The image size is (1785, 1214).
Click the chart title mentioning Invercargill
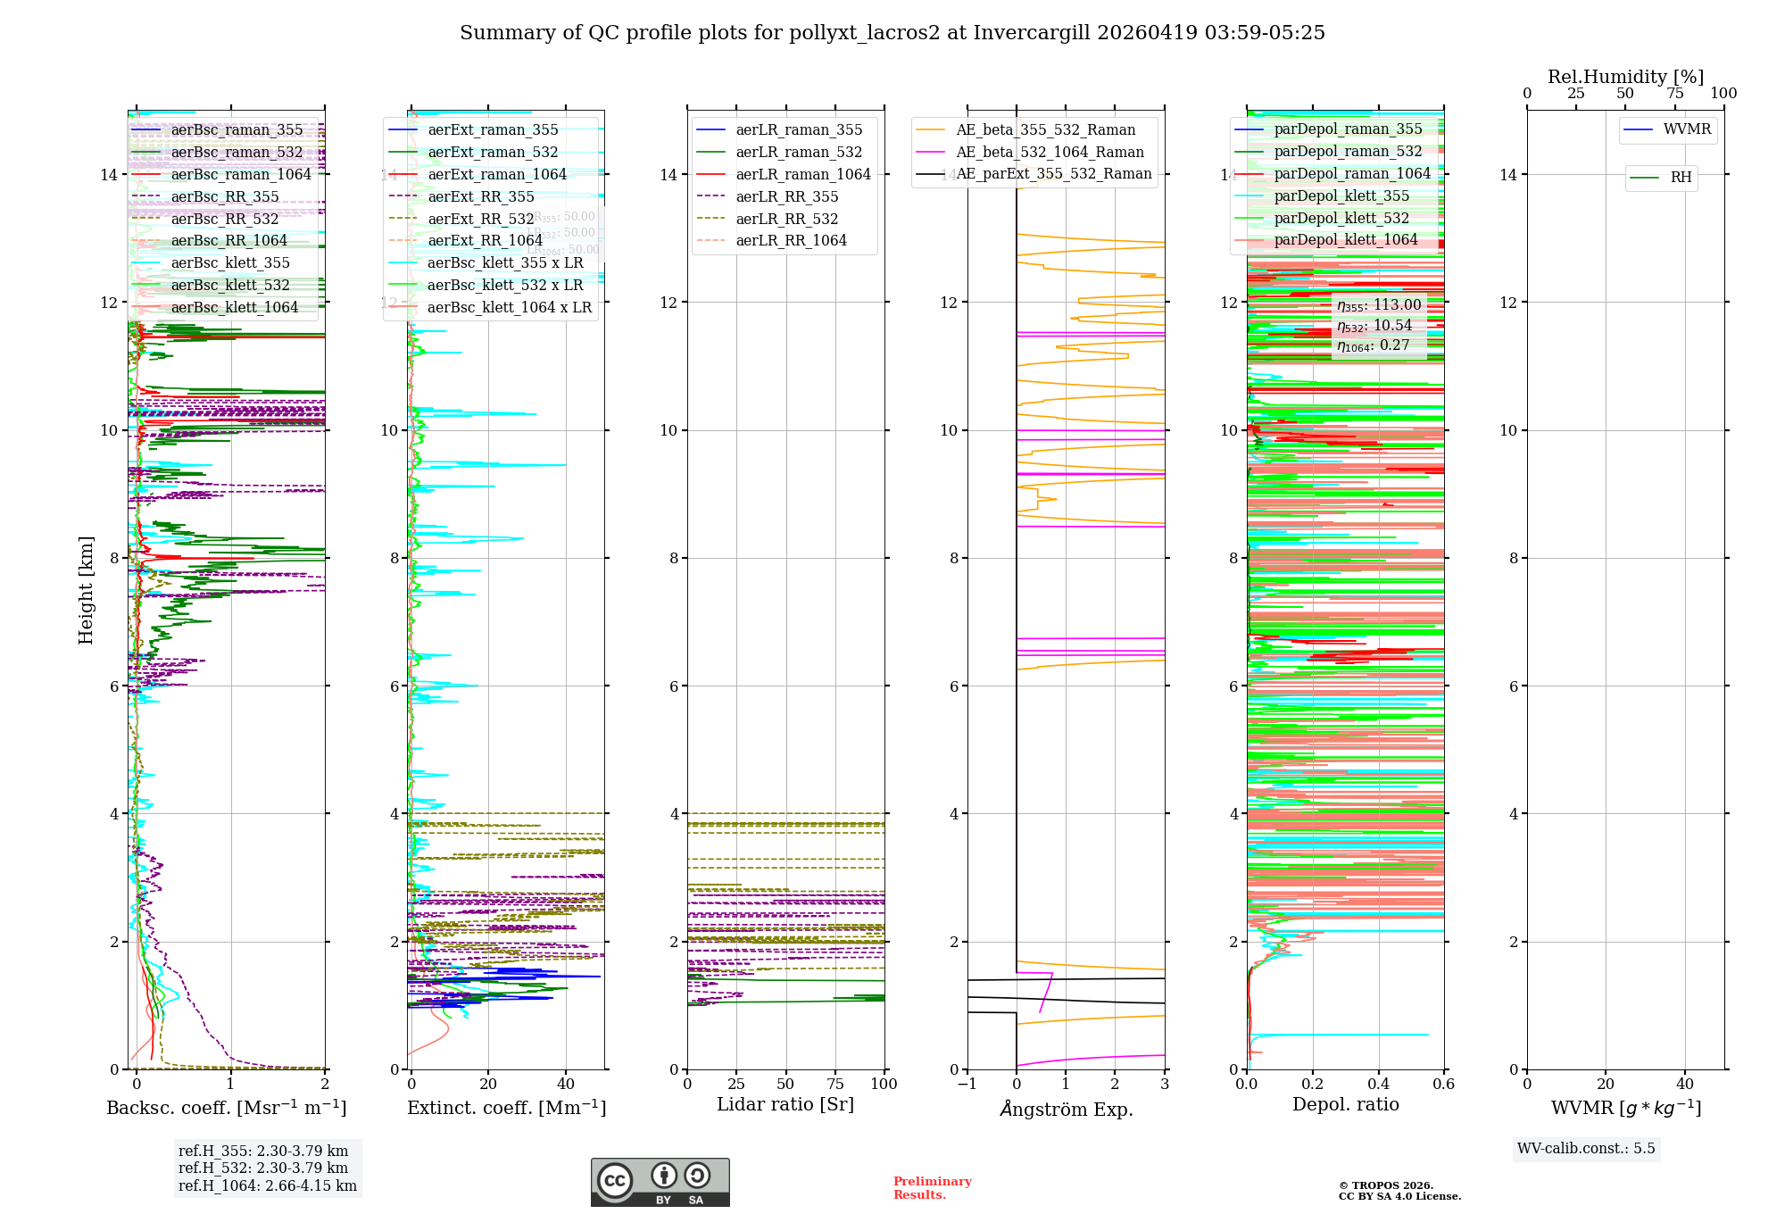tap(892, 33)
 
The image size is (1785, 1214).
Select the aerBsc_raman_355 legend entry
tap(237, 130)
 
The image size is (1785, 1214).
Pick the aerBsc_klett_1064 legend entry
tap(235, 308)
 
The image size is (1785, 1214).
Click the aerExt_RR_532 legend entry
tap(480, 219)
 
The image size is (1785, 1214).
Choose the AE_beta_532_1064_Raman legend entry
tap(1050, 153)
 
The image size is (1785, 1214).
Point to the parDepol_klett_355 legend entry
tap(1341, 196)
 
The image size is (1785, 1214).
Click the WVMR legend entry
tap(1687, 129)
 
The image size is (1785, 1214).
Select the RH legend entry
tap(1681, 178)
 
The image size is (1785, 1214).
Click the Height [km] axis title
tap(86, 589)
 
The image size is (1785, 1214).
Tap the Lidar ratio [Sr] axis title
tap(785, 1105)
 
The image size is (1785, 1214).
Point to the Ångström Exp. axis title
tap(1066, 1110)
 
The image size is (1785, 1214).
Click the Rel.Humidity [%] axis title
tap(1625, 77)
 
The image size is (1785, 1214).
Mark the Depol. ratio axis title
tap(1345, 1105)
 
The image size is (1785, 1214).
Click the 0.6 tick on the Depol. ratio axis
tap(1443, 1085)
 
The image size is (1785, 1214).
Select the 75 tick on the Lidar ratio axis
tap(835, 1085)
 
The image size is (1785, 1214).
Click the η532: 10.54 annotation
tap(1374, 326)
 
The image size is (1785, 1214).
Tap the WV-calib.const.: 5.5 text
tap(1586, 1149)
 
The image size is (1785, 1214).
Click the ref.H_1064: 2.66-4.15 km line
tap(268, 1186)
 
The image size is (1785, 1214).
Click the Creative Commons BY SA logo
tap(660, 1183)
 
